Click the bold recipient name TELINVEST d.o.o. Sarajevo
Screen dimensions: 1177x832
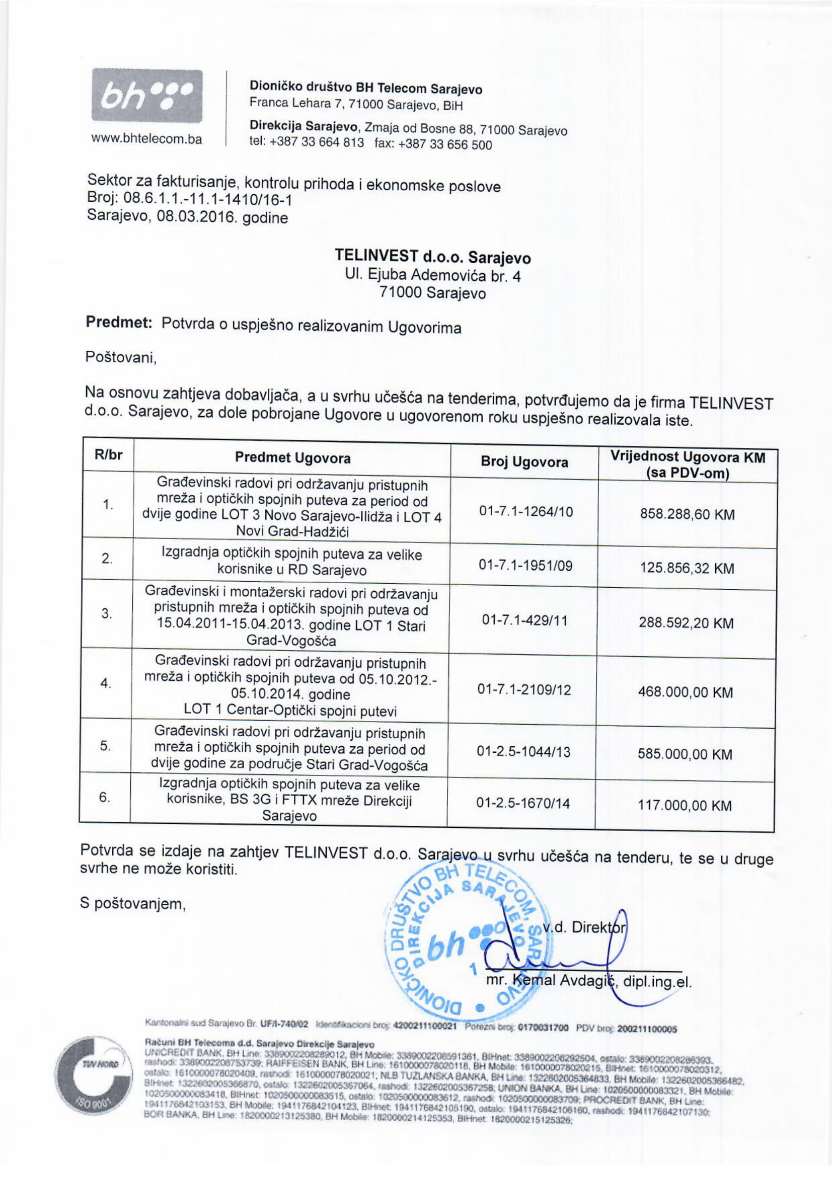coord(433,256)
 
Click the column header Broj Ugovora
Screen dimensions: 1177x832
coord(524,462)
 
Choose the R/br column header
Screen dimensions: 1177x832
coord(108,455)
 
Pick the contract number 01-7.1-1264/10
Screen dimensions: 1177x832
coord(525,511)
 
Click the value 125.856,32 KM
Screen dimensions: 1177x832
coord(687,568)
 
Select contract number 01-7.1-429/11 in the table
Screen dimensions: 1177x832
coord(524,621)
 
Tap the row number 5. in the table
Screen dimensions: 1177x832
coord(105,746)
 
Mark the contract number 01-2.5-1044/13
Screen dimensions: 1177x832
coord(523,751)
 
